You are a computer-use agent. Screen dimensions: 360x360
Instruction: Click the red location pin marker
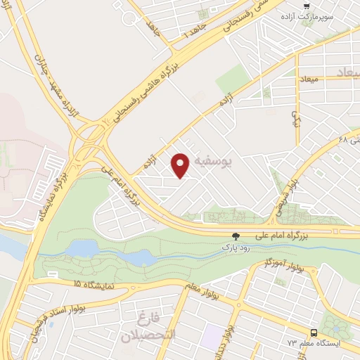click(181, 165)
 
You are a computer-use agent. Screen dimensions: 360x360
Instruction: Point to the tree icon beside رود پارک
click(236, 237)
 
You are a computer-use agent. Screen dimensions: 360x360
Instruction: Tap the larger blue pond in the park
click(84, 249)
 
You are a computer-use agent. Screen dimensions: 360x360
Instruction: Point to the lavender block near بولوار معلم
click(212, 337)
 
